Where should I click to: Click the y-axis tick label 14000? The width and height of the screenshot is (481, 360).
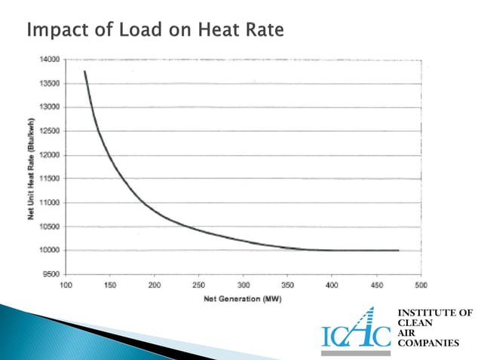pos(51,59)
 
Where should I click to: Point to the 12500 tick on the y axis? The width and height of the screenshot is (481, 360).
pos(51,131)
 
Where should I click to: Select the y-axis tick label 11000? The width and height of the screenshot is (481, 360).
pos(51,203)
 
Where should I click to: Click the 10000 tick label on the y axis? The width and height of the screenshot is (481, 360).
pos(51,250)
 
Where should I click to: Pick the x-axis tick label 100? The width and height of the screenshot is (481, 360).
pos(66,285)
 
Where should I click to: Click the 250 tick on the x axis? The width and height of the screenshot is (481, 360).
pos(198,285)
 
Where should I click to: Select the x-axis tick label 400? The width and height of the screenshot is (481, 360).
pos(332,285)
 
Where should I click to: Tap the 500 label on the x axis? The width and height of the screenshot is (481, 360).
pos(421,285)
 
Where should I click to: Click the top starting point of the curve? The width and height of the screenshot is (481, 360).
pos(84,72)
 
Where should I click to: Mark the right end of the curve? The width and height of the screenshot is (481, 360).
pos(398,250)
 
